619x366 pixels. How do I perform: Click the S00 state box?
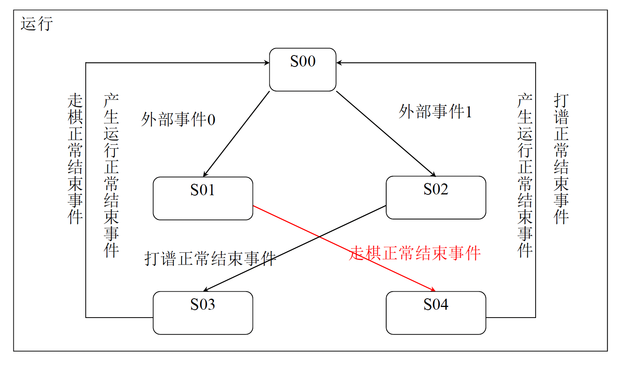point(302,70)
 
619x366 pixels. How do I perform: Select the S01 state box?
point(203,198)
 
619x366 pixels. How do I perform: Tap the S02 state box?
point(436,198)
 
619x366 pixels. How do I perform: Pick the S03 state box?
point(203,313)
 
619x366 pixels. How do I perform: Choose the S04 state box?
point(436,313)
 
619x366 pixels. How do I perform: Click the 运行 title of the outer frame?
point(37,24)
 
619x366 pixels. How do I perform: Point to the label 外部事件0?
point(178,120)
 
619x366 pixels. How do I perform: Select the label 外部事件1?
point(435,112)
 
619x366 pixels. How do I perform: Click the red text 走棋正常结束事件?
point(415,253)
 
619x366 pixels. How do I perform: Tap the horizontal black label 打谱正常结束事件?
point(210,259)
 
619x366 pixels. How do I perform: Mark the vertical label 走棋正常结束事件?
point(75,159)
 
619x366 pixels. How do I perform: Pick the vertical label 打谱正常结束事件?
point(561,159)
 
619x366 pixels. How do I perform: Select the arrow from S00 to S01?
point(236,134)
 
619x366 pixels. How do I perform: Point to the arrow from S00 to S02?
point(385,133)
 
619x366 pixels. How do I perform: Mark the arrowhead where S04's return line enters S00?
point(339,63)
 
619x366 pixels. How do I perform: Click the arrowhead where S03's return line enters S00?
point(267,63)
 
